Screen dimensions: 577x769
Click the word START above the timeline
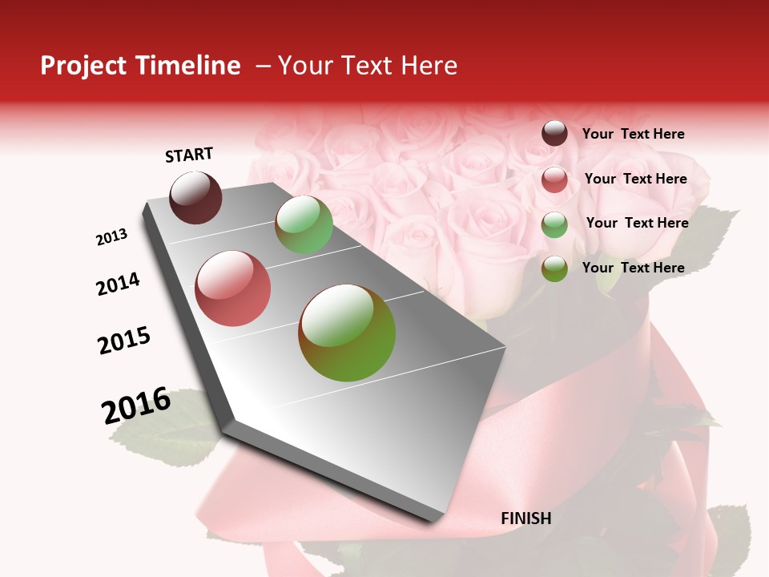pos(189,155)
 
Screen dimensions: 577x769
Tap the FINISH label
pos(526,518)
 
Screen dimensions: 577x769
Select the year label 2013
pos(112,237)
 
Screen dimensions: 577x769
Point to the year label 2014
pos(118,284)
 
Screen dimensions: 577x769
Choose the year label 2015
pos(124,341)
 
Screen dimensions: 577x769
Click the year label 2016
pos(136,405)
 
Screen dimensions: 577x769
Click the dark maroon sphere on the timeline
pos(195,197)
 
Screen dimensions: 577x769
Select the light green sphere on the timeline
pos(304,224)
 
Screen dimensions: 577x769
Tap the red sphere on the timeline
pos(233,288)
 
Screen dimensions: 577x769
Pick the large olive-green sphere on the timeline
pos(347,333)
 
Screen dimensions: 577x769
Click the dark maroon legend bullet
pos(554,134)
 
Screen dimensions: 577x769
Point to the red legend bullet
pos(554,180)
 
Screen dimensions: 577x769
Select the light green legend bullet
pos(554,224)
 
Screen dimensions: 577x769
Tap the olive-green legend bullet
pos(554,268)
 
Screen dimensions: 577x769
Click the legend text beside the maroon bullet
pos(633,134)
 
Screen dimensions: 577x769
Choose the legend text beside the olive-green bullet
pos(633,268)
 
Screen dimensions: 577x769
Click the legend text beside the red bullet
pos(635,179)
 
